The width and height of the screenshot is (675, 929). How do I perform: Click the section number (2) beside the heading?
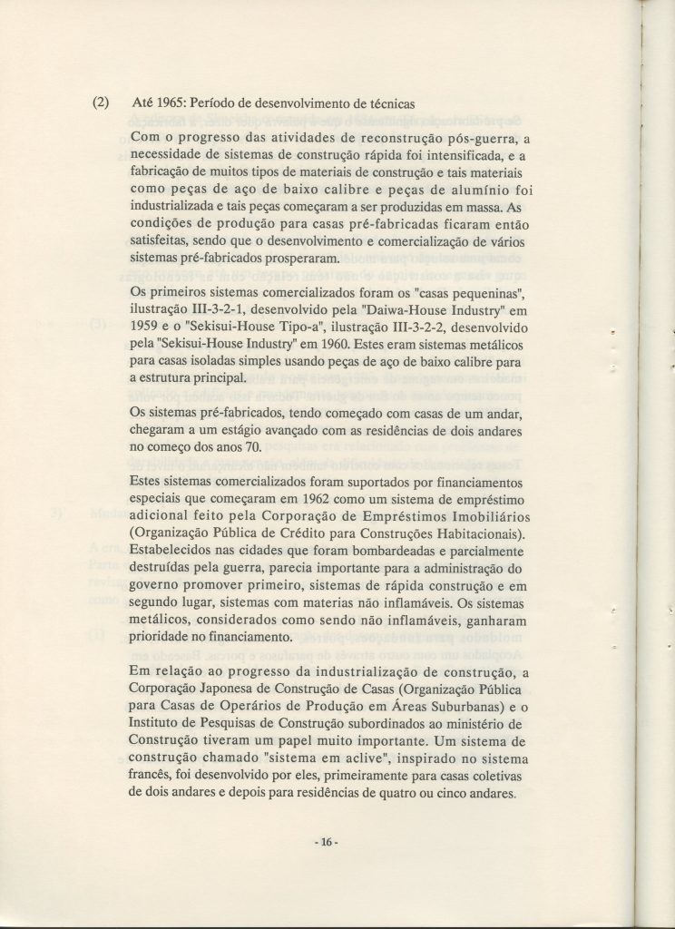click(x=102, y=103)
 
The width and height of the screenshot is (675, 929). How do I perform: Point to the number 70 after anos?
click(x=251, y=448)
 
